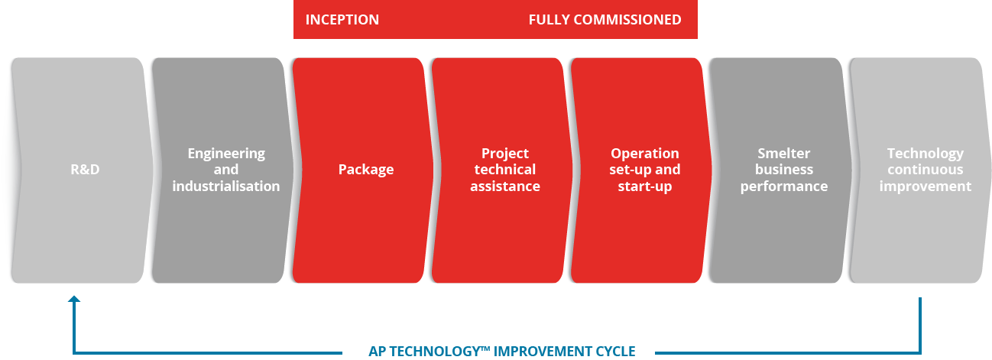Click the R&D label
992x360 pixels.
(x=85, y=169)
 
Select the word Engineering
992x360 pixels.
(x=226, y=154)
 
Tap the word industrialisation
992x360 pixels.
(x=226, y=186)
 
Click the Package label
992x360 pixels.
(x=366, y=170)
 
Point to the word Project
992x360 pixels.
(x=505, y=154)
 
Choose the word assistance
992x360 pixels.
(x=505, y=186)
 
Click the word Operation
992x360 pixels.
(x=645, y=154)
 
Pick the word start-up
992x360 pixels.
(x=645, y=186)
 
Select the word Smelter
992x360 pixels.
(x=784, y=153)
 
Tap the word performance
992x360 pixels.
(x=784, y=186)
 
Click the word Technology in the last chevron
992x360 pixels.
(x=926, y=154)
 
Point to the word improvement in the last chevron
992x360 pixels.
(x=926, y=186)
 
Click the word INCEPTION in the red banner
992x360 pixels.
(x=342, y=19)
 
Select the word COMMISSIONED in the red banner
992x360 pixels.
(x=627, y=19)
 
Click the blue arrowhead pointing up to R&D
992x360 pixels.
(x=74, y=299)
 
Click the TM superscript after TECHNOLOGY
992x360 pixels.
(x=485, y=348)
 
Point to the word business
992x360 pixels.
(x=784, y=170)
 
